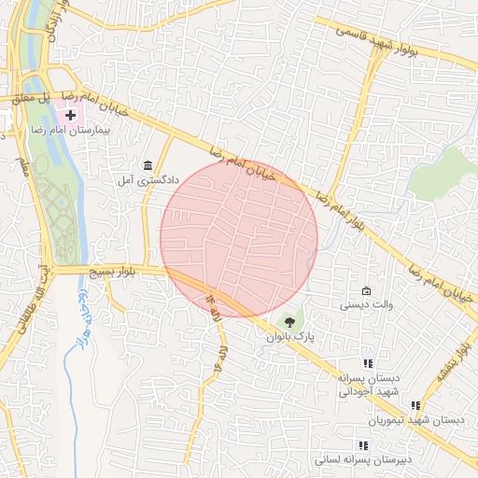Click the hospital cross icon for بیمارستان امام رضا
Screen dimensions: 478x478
click(x=71, y=114)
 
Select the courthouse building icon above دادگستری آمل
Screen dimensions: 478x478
click(x=148, y=165)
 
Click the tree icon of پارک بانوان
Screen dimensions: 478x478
click(x=288, y=321)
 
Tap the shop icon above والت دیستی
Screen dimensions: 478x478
click(x=366, y=290)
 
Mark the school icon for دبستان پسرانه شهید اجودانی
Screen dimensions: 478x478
click(x=368, y=363)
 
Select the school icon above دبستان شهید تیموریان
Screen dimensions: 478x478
click(x=415, y=405)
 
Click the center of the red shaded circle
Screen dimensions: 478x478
click(x=239, y=238)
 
